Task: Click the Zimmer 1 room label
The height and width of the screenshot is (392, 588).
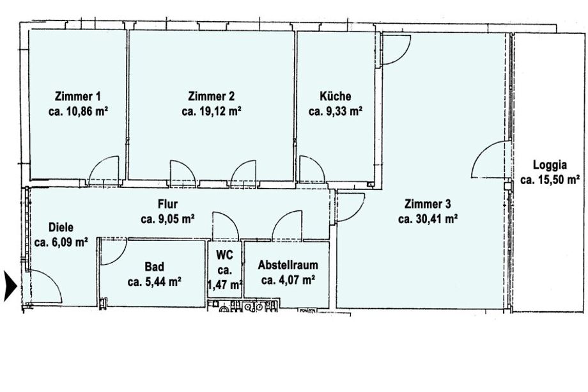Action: [x=77, y=97]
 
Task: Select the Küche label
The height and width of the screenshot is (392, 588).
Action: [x=336, y=96]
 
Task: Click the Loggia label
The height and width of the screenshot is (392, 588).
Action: [x=550, y=165]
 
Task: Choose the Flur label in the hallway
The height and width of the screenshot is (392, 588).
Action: [x=167, y=204]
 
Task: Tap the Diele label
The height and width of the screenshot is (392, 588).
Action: [x=61, y=227]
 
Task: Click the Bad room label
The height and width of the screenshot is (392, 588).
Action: [x=155, y=267]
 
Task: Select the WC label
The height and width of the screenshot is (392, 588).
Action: [x=224, y=255]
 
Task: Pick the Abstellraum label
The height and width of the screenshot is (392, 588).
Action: [x=288, y=265]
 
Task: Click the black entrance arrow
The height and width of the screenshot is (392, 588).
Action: [x=10, y=286]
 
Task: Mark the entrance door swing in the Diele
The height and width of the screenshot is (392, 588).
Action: [x=46, y=286]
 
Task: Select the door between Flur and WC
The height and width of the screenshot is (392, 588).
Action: [x=226, y=226]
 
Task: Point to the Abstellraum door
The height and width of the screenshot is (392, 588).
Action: [x=287, y=226]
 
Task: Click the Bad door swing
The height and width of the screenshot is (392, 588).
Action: [x=114, y=253]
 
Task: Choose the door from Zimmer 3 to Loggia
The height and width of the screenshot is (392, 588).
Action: [x=491, y=159]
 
